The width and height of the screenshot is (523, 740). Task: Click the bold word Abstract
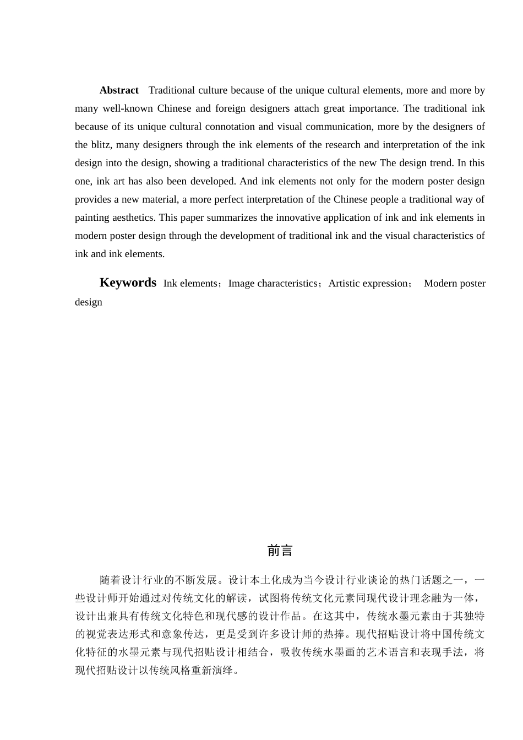[119, 90]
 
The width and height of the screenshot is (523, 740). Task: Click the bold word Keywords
[128, 283]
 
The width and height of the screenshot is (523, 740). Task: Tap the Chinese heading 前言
[280, 551]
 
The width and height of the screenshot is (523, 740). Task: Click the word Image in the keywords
[241, 284]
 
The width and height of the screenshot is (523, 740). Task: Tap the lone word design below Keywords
[89, 302]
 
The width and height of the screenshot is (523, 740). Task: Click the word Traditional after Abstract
[172, 90]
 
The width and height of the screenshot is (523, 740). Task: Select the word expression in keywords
[389, 284]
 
